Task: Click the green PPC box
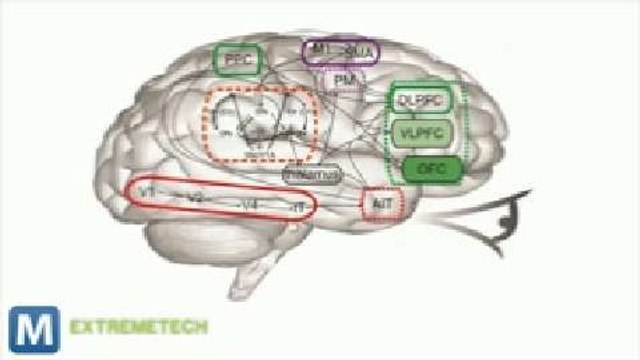(236, 60)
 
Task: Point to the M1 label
(319, 48)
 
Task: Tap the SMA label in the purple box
(349, 50)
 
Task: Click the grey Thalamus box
(311, 174)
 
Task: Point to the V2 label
(195, 199)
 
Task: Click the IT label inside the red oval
(296, 205)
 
